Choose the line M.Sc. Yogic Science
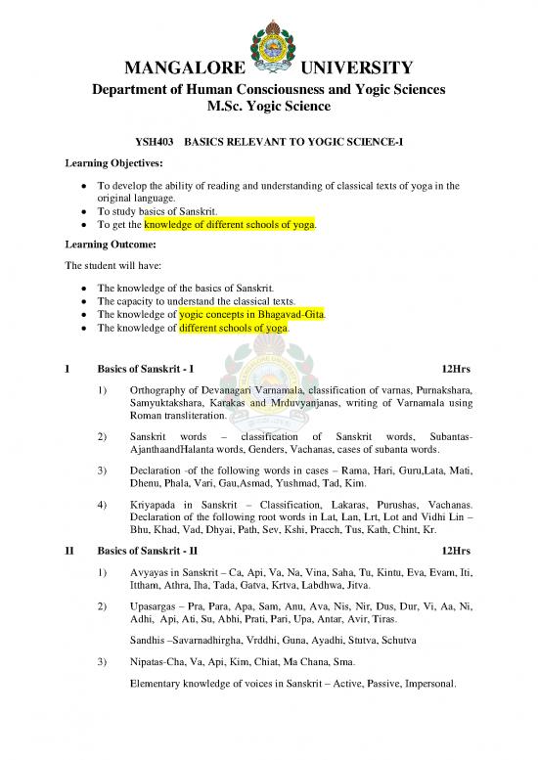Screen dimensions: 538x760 269,107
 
